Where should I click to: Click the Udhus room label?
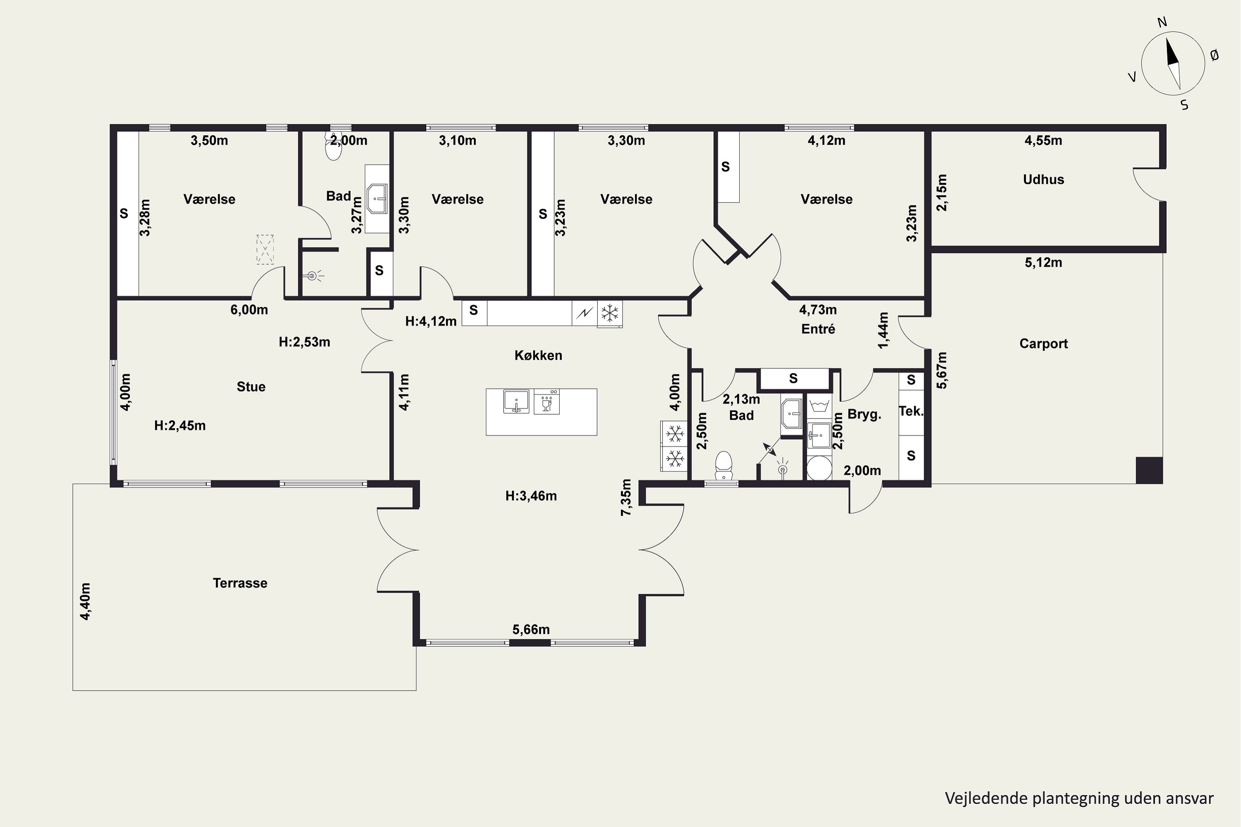tap(1043, 179)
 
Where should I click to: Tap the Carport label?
tap(1043, 344)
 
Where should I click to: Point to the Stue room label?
tap(251, 387)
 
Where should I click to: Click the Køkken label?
tap(538, 356)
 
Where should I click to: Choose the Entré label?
tap(818, 329)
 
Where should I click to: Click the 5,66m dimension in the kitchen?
tap(531, 630)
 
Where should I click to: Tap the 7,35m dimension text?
tap(626, 497)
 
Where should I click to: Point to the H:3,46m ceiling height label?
tap(531, 496)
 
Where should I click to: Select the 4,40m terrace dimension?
tap(85, 601)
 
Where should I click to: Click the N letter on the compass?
tap(1162, 22)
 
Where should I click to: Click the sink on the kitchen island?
tap(516, 402)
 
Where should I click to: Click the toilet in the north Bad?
tap(333, 147)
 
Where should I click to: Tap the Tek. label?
tap(911, 411)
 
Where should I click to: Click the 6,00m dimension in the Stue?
tap(249, 310)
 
